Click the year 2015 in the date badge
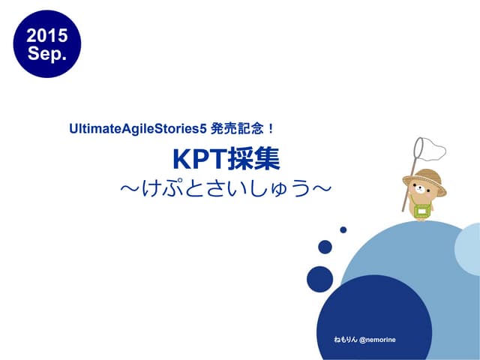pyautogui.click(x=47, y=35)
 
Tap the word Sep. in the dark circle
pyautogui.click(x=47, y=53)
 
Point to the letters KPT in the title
pyautogui.click(x=197, y=159)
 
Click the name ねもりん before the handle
pyautogui.click(x=346, y=340)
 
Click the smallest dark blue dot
pyautogui.click(x=343, y=229)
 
